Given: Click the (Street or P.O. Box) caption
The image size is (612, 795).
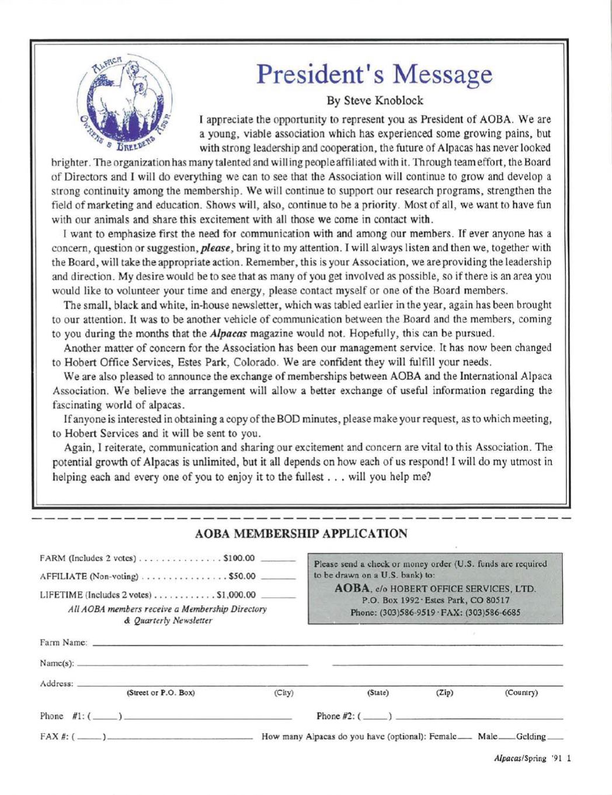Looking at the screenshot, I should click(161, 693).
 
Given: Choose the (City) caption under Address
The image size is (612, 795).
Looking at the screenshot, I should click(283, 693).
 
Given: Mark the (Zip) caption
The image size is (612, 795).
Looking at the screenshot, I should click(444, 693).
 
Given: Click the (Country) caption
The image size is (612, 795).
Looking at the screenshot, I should click(521, 693).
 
